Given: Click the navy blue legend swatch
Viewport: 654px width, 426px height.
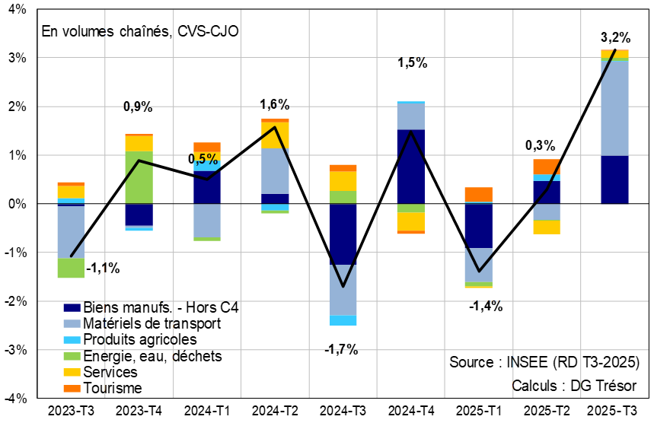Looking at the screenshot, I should tap(72, 307).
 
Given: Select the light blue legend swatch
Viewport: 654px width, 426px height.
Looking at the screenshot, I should tap(72, 323).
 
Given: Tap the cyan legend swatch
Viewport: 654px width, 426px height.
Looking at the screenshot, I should tap(72, 340).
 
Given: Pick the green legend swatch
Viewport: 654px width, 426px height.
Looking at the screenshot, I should tap(72, 356).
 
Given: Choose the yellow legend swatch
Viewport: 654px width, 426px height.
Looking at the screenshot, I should tap(72, 373).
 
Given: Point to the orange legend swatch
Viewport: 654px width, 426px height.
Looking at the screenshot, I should tap(72, 389).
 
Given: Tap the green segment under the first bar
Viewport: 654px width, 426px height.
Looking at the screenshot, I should tap(71, 268).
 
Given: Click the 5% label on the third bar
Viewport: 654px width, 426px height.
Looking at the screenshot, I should tap(206, 160).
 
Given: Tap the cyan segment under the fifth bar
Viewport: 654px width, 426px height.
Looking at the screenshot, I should tap(343, 320).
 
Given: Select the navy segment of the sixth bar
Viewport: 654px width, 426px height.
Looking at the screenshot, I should tap(411, 167).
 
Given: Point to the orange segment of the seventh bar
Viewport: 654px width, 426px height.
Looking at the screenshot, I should tap(479, 195).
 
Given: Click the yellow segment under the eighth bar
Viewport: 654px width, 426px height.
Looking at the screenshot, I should tap(547, 227).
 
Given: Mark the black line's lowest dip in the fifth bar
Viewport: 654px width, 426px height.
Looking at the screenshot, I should tap(343, 286).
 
